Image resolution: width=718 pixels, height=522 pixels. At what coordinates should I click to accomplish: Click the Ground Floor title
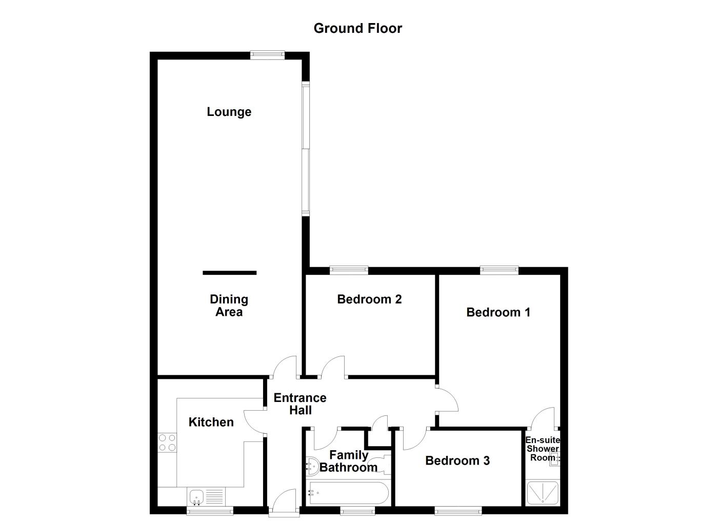click(x=357, y=28)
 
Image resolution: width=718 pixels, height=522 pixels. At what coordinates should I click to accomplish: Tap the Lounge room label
click(x=229, y=112)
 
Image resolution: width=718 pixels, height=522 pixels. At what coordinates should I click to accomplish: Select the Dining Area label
click(x=229, y=306)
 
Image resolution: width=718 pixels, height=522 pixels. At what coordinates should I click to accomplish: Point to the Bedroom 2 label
click(x=369, y=299)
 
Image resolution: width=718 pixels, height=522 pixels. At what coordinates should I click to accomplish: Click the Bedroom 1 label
click(x=498, y=312)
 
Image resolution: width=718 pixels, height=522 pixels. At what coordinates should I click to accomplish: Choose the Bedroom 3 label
click(x=457, y=461)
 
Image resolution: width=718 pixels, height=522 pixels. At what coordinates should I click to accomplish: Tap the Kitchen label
click(x=211, y=422)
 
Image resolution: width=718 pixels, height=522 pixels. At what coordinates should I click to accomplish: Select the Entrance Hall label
click(x=300, y=404)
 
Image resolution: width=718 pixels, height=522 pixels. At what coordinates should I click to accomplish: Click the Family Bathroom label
click(x=349, y=461)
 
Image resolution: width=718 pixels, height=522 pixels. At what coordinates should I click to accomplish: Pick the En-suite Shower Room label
click(x=542, y=449)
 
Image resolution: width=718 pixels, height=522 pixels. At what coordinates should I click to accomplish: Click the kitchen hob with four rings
click(x=167, y=443)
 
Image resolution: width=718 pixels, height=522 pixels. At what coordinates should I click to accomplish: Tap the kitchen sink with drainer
click(x=207, y=496)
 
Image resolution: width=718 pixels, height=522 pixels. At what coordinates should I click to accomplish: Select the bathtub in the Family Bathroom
click(x=347, y=493)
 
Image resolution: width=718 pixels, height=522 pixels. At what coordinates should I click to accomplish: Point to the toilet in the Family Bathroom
click(x=312, y=465)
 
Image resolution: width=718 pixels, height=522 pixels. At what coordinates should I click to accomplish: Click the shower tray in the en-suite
click(x=543, y=493)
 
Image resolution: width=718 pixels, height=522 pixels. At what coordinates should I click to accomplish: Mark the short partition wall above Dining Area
click(x=229, y=273)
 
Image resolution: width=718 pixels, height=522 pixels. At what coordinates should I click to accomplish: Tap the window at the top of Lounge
click(x=267, y=54)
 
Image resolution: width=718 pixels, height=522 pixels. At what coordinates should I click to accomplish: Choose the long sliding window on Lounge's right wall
click(x=305, y=149)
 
